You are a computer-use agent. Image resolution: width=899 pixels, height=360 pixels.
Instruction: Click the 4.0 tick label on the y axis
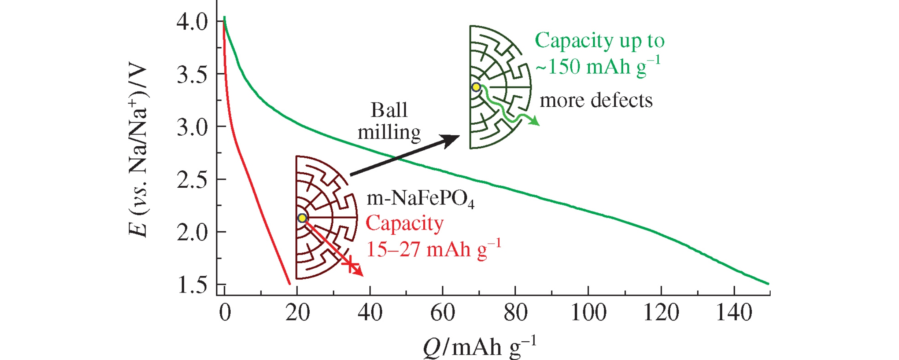[192, 22]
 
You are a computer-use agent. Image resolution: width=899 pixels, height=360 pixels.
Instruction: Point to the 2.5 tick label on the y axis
[192, 180]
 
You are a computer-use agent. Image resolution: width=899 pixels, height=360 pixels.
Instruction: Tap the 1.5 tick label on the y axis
[192, 285]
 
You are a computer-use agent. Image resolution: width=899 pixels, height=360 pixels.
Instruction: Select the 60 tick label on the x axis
[442, 313]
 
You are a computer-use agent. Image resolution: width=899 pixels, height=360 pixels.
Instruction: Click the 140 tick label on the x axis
[734, 313]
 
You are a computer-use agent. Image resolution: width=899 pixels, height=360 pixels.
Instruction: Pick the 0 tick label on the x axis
[225, 313]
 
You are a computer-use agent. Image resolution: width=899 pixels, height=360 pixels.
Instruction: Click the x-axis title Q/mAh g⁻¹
[479, 347]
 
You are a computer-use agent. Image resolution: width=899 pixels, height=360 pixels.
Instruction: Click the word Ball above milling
[389, 110]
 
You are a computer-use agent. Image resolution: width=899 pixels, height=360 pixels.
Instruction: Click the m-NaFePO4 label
[420, 199]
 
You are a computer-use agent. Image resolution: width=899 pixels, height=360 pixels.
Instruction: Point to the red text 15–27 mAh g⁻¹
[433, 249]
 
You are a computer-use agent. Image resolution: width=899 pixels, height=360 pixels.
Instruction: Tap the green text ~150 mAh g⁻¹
[598, 66]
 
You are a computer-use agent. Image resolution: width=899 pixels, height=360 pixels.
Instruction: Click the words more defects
[596, 100]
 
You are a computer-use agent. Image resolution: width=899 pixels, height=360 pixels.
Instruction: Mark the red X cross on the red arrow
[350, 265]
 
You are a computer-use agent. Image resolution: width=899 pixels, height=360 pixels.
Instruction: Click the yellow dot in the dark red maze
[302, 218]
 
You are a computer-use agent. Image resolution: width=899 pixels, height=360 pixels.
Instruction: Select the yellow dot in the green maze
[476, 87]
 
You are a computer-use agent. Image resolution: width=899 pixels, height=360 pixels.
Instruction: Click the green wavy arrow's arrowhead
[535, 121]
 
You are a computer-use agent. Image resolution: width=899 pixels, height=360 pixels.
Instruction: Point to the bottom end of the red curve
[289, 284]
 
